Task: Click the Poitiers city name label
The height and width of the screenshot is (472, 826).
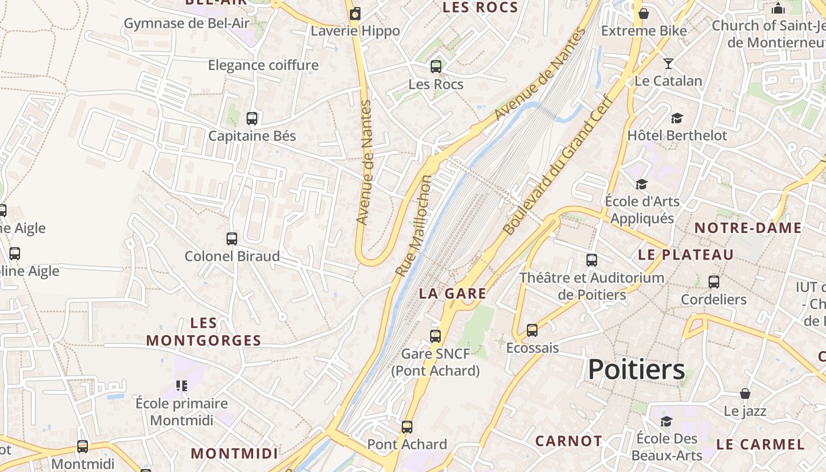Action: click(637, 369)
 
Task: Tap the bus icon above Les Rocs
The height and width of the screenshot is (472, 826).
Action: click(436, 67)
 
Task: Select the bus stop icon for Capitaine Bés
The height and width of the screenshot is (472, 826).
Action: click(252, 118)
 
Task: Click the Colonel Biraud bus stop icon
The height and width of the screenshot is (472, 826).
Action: click(232, 239)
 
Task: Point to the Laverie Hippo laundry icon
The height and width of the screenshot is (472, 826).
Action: click(355, 14)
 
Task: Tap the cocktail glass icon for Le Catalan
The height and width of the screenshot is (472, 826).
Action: click(668, 63)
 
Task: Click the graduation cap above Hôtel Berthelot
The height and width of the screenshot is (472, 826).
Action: click(677, 118)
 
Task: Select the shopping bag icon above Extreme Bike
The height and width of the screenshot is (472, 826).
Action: click(644, 13)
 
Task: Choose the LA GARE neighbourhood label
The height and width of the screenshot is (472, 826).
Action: click(453, 293)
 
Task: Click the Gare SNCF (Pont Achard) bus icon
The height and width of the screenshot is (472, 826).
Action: click(435, 336)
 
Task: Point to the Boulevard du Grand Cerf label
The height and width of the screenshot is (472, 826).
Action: click(558, 165)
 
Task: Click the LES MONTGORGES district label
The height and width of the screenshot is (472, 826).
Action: click(204, 332)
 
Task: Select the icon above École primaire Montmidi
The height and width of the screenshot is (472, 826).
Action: click(182, 386)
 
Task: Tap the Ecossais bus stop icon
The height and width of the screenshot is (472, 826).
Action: click(532, 330)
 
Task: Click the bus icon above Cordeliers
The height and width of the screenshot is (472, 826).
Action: click(714, 282)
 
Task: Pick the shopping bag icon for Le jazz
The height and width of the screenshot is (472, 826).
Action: click(745, 394)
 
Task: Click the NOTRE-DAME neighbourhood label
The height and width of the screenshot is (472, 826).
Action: click(748, 228)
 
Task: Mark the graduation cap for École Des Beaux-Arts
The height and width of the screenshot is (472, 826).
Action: click(666, 421)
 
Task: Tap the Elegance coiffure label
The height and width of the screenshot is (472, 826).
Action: click(263, 65)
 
